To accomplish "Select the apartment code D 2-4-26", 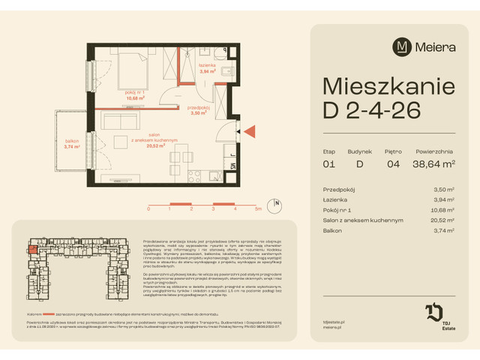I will click(x=370, y=109).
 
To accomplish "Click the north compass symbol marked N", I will click(x=276, y=203).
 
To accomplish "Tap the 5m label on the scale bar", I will click(x=257, y=209).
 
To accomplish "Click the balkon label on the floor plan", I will click(x=72, y=143).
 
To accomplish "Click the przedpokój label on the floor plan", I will click(x=199, y=109).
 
